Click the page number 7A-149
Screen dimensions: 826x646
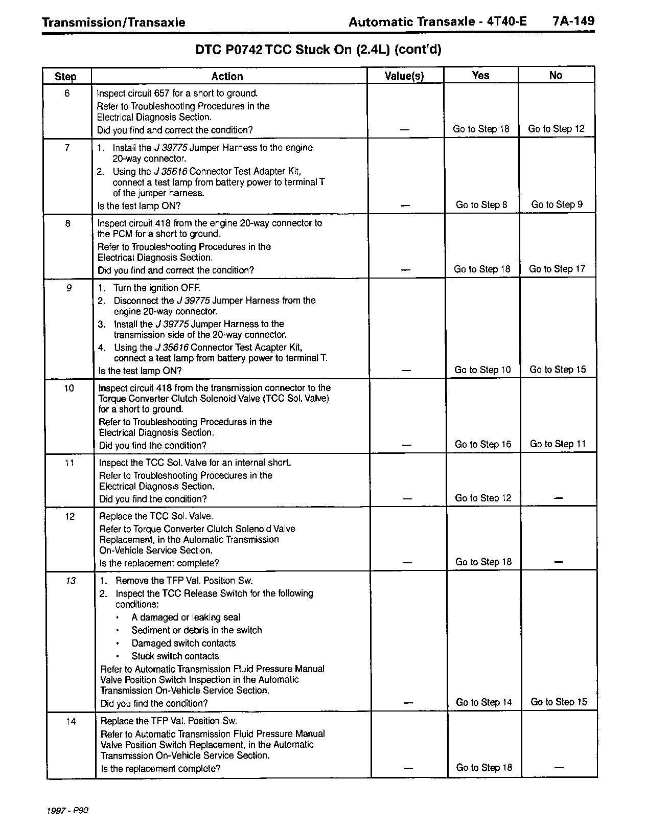(573, 21)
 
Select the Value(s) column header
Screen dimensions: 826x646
(404, 76)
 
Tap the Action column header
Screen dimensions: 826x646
(227, 76)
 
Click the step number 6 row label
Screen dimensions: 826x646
(67, 93)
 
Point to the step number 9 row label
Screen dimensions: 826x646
(68, 288)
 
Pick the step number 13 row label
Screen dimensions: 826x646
(71, 581)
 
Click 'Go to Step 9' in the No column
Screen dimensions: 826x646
(557, 204)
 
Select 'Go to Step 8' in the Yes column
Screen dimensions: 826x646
(481, 205)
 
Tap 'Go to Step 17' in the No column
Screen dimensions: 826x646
(557, 269)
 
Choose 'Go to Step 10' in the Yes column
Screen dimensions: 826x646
(482, 370)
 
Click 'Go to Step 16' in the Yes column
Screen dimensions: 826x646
(483, 444)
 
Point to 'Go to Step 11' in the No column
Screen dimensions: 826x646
(558, 444)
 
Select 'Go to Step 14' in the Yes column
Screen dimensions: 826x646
(484, 702)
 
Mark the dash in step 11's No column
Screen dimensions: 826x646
(558, 498)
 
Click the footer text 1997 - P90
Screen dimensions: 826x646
(67, 811)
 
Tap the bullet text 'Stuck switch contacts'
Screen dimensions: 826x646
(175, 656)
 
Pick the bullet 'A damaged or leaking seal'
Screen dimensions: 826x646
(186, 617)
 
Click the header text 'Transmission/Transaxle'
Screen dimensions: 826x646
(113, 22)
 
